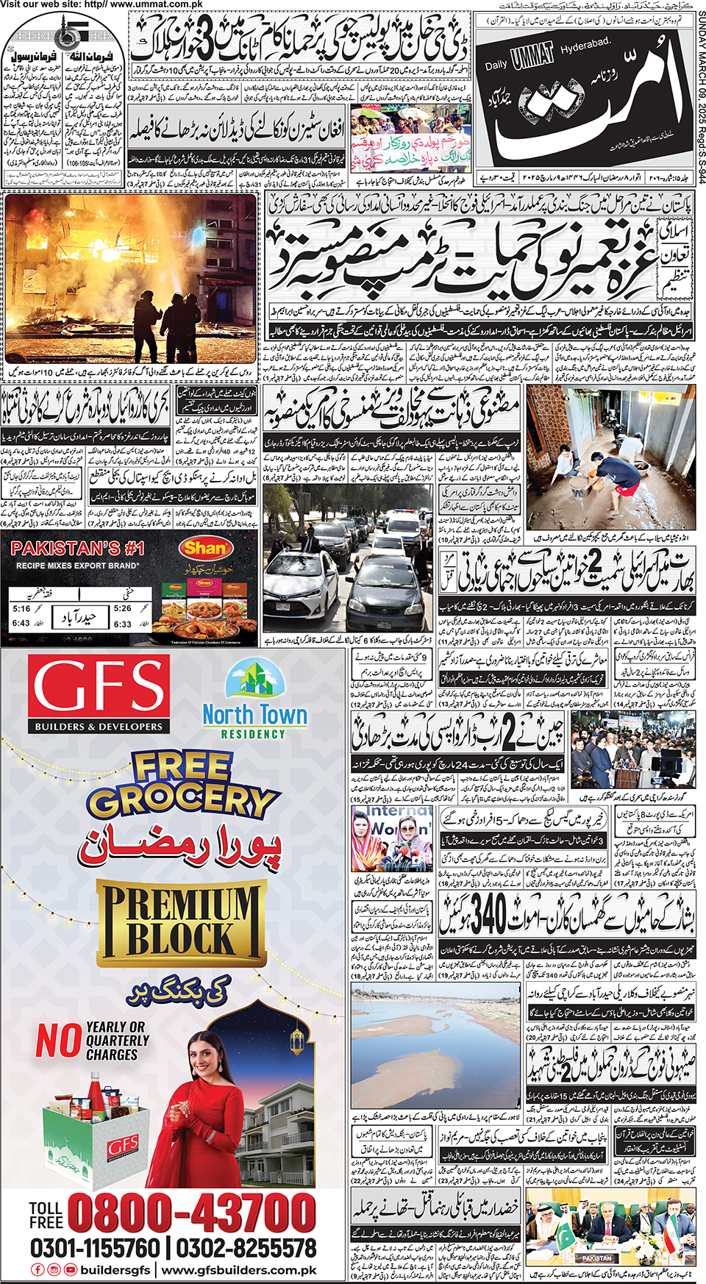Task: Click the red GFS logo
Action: [x=99, y=693]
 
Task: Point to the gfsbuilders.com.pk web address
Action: [x=239, y=1270]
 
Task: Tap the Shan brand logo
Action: [x=204, y=548]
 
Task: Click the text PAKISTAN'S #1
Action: [x=77, y=548]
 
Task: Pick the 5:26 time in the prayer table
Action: [x=122, y=608]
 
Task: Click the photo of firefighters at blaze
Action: [x=130, y=278]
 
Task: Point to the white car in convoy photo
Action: [x=302, y=581]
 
